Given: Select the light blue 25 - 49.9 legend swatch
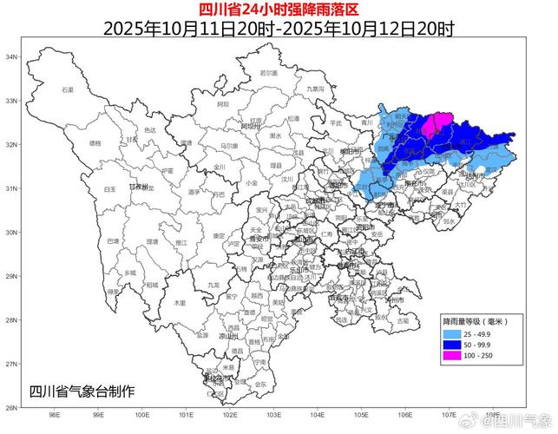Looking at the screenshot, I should pos(456,333).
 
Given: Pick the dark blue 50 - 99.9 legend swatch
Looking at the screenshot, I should pos(456,345).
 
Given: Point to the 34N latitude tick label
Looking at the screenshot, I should pos(11,57).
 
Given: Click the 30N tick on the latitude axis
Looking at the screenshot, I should pos(11,233).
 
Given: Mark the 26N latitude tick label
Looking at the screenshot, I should pos(11,407).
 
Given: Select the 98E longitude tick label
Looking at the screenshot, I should pos(54,415).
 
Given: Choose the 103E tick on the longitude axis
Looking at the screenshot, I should pos(273,415).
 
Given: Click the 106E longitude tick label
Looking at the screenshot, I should pos(405,415).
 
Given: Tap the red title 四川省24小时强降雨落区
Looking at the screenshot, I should pos(278,10).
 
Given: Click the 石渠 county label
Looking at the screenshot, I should pos(68,90).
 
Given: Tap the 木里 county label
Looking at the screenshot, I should pos(180,303).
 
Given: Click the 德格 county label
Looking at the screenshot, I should pos(95,143).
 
